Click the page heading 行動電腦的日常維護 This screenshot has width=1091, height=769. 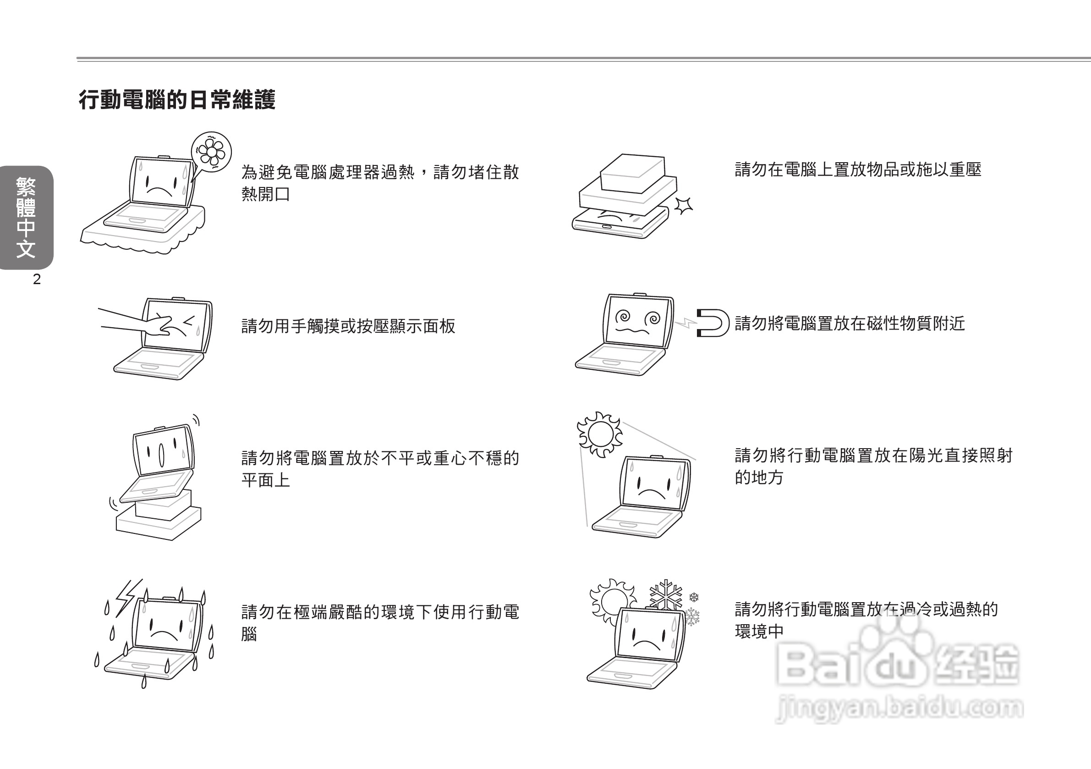[x=177, y=100]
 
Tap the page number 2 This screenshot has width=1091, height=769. [x=37, y=280]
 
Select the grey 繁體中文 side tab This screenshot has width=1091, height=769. [x=26, y=217]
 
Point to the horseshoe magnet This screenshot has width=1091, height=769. [x=713, y=323]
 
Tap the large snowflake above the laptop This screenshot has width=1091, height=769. [x=666, y=594]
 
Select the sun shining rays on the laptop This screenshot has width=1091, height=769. [x=600, y=434]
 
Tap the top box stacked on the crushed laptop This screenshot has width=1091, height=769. [x=632, y=172]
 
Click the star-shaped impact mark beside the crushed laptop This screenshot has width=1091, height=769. [x=684, y=205]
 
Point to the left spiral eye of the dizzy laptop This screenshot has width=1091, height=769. [x=624, y=316]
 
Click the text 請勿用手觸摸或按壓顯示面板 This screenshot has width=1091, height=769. [x=348, y=326]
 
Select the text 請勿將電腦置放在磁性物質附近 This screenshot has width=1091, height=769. [x=850, y=324]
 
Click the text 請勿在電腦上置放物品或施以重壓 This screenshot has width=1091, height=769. [x=858, y=170]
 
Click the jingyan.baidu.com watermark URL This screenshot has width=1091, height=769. [x=899, y=709]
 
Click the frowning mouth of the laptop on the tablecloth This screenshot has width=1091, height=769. [x=159, y=191]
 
